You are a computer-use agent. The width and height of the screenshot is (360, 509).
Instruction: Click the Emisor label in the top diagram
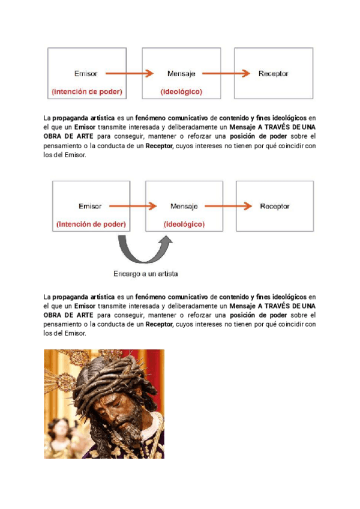click(x=86, y=74)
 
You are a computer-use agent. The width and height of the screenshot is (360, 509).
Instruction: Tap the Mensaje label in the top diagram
click(x=181, y=74)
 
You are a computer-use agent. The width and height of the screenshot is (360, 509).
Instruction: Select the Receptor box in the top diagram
click(x=273, y=74)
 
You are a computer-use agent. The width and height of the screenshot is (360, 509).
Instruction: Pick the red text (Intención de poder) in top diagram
click(x=87, y=92)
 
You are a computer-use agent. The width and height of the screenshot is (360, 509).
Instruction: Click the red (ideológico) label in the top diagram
click(x=181, y=92)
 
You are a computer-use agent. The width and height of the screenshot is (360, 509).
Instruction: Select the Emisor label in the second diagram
click(x=90, y=206)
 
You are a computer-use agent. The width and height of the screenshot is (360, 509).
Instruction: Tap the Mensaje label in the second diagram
click(x=184, y=206)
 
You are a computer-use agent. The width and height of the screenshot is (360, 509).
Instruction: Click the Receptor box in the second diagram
click(x=275, y=206)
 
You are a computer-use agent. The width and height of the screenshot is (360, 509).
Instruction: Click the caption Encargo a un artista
click(x=146, y=274)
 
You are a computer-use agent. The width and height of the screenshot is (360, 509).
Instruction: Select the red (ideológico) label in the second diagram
click(x=184, y=224)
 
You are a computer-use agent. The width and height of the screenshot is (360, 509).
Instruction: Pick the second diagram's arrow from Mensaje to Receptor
click(x=228, y=206)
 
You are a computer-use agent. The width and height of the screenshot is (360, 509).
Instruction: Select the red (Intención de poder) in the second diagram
click(x=91, y=224)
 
